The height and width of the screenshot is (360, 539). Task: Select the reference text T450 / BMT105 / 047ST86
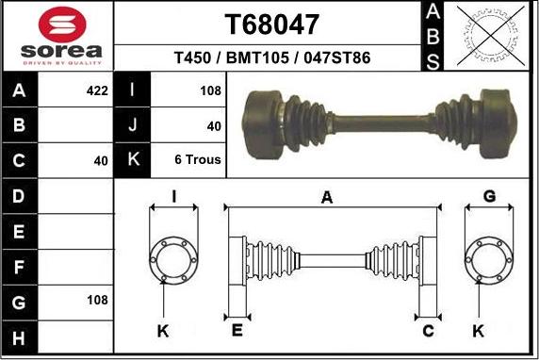tap(271, 58)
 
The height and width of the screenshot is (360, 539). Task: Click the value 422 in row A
tap(97, 91)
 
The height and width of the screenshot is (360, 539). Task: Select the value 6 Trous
tap(198, 159)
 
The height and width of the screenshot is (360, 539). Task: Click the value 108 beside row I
tap(210, 91)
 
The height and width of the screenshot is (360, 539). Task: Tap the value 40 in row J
tap(213, 125)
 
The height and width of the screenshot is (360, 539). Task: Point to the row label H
tap(20, 335)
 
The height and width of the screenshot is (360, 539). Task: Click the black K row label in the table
tap(132, 159)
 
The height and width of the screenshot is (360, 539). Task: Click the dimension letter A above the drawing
tap(327, 197)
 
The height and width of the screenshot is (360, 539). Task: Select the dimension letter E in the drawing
tap(237, 330)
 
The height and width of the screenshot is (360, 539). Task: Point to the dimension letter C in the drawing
tap(429, 330)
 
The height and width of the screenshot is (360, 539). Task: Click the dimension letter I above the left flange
tap(173, 196)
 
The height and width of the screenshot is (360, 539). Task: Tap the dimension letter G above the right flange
tap(489, 196)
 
